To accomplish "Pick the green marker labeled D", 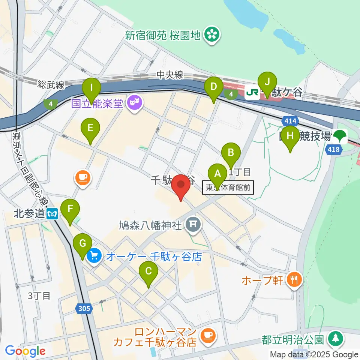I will pos(213,87).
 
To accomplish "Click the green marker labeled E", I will pos(90,128).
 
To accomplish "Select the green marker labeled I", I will pos(91,88).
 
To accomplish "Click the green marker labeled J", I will pos(267,82).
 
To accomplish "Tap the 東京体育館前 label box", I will pos(228,187).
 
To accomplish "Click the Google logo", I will pos(25,351).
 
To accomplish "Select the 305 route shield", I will pos(85,309).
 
